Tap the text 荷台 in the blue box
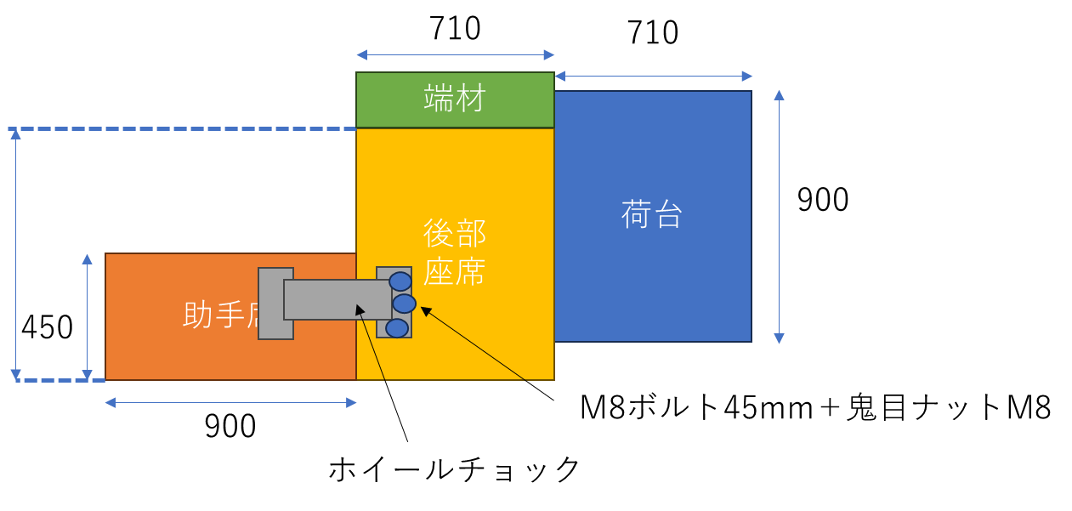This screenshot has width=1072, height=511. tap(652, 214)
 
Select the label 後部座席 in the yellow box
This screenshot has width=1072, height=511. tap(455, 252)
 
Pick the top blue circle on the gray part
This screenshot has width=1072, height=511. tap(400, 281)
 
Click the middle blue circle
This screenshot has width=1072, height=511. tap(404, 304)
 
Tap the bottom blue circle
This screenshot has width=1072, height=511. tap(397, 328)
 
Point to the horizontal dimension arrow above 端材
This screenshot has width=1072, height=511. tap(455, 55)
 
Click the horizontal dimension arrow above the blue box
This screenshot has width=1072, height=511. tap(653, 77)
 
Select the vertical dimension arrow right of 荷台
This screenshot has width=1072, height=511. tap(779, 217)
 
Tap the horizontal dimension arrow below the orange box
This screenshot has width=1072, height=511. tap(230, 403)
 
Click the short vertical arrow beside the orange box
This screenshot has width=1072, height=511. tap(87, 316)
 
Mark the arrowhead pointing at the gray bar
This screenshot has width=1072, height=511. tap(360, 310)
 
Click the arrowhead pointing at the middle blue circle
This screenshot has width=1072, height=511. tap(426, 311)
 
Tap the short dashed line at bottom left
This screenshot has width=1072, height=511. tap(60, 380)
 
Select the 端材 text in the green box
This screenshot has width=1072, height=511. tap(455, 99)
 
